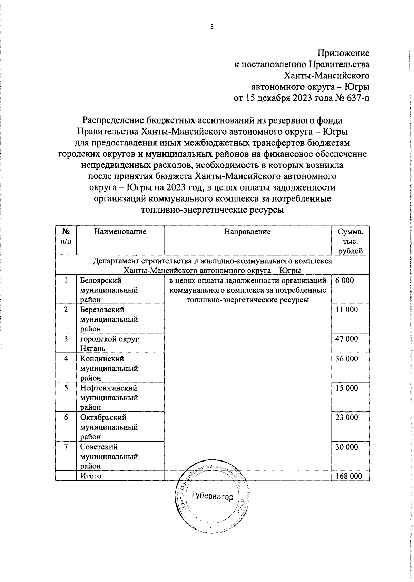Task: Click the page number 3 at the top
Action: pos(212,27)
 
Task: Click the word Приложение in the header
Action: pos(343,53)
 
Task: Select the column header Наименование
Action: pos(120,232)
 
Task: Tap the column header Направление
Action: pos(247,232)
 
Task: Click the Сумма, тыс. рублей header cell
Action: pos(350,241)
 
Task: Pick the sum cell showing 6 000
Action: pos(345,280)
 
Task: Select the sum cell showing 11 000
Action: pos(347,310)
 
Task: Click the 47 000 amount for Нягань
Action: pos(347,339)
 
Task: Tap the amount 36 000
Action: pos(347,359)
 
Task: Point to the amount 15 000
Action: pos(347,388)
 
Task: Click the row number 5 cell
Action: pos(66,388)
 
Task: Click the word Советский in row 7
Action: pos(99,447)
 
